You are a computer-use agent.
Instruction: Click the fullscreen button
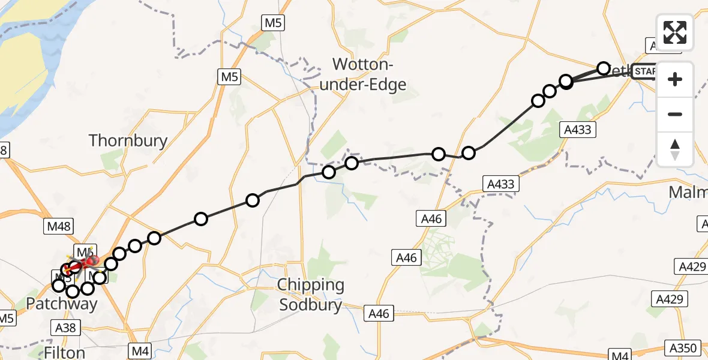click(x=675, y=32)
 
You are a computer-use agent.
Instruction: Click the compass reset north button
click(x=675, y=149)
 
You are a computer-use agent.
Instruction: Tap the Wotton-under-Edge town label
click(x=362, y=74)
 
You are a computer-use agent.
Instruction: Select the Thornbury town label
click(x=128, y=140)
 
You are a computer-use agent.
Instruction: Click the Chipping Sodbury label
click(x=312, y=295)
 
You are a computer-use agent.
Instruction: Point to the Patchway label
click(x=61, y=304)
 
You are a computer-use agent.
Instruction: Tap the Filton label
click(x=64, y=352)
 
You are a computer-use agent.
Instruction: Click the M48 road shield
click(x=59, y=227)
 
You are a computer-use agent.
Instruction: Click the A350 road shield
click(x=685, y=347)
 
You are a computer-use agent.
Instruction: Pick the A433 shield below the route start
click(x=578, y=129)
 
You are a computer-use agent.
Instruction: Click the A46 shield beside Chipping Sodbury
click(x=379, y=313)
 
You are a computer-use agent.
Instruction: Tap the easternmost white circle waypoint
click(x=603, y=68)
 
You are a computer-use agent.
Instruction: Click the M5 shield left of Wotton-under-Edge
click(x=229, y=76)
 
